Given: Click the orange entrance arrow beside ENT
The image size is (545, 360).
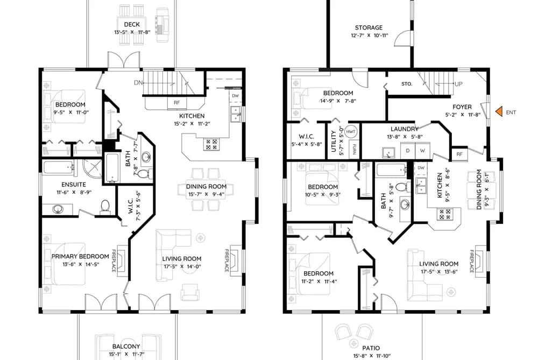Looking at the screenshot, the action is point(499,111).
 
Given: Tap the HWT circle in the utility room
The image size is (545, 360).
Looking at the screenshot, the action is point(351,132).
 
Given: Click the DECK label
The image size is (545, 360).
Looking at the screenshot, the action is point(132,24).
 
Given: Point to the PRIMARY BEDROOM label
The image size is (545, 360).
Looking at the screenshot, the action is point(80,257).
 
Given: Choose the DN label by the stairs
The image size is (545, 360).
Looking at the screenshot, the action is point(138,83).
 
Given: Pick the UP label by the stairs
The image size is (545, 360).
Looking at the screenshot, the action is point(458,84).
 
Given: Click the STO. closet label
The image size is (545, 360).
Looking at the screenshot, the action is point(407,84).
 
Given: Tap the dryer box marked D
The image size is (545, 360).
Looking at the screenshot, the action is point(408,151).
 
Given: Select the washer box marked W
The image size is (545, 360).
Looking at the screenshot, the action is point(422,151).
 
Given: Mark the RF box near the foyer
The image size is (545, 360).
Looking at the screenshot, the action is point(459,153).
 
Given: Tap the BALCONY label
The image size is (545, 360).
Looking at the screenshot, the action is point(126,347).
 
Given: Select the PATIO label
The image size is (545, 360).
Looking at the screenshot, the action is point(371,348).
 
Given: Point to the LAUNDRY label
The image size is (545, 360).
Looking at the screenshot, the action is point(405,129).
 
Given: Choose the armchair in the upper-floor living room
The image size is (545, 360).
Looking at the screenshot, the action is point(190,292).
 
